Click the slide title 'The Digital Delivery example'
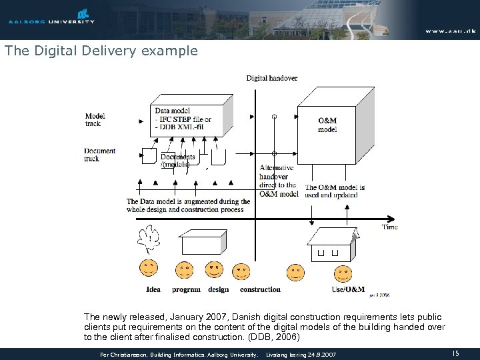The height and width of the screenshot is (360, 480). click(101, 51)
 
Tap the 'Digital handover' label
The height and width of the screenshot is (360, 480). click(272, 78)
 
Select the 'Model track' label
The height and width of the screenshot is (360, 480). click(95, 119)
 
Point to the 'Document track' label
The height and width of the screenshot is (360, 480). click(100, 155)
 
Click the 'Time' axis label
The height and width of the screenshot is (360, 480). click(389, 227)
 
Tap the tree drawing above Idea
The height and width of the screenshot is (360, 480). click(148, 239)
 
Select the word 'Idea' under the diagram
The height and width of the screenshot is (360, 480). click(153, 289)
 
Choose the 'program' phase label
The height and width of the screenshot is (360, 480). click(186, 289)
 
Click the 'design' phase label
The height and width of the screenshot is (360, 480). click(218, 289)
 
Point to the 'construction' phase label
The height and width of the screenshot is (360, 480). click(260, 289)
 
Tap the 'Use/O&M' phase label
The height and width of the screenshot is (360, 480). click(348, 289)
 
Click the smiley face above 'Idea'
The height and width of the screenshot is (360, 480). click(148, 269)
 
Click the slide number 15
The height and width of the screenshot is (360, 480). click(456, 353)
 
